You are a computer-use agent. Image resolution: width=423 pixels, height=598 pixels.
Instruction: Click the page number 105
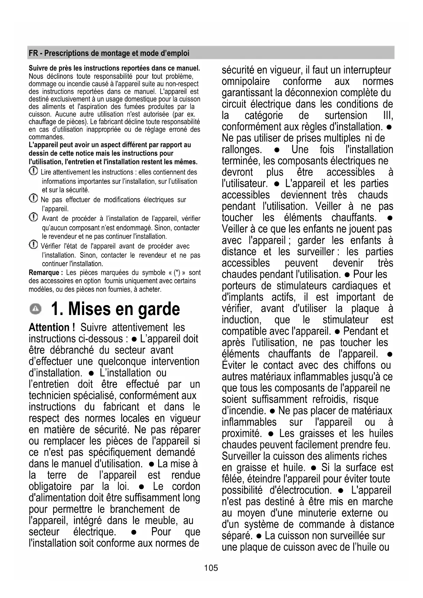pos(211,568)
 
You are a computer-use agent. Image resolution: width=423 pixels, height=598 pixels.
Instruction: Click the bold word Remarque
pos(44,272)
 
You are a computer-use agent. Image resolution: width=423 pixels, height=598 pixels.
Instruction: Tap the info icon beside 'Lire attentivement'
pos(33,171)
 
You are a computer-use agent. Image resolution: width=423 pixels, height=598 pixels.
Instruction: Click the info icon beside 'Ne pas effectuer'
pos(33,198)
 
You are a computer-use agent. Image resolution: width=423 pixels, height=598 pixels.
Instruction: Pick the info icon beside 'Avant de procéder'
pos(33,217)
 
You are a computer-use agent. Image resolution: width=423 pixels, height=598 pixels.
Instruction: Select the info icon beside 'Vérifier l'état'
pos(33,244)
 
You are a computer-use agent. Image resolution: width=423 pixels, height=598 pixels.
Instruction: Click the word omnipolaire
pos(245,81)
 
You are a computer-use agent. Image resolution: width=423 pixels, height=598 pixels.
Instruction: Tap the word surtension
pos(346,115)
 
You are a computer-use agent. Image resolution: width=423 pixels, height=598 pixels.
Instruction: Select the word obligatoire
pos(50,486)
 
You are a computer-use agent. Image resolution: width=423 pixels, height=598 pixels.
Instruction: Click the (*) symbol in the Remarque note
pos(177,272)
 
